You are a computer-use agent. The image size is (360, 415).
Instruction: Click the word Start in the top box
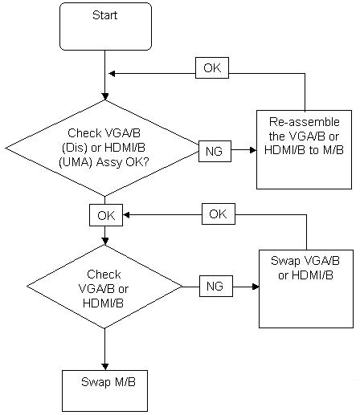[104, 15]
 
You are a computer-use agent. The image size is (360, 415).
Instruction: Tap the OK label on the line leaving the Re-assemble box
[212, 67]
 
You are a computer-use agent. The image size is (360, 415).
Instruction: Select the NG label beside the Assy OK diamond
[215, 151]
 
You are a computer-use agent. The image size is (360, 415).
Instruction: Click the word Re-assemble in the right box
[305, 122]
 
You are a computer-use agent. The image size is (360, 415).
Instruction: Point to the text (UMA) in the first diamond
[76, 162]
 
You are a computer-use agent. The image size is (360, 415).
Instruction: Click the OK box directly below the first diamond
[106, 215]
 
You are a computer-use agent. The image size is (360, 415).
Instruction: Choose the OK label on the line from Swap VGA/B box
[219, 214]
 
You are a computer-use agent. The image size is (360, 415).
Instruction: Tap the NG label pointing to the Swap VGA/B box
[216, 286]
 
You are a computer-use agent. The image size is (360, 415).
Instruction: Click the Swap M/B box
[104, 391]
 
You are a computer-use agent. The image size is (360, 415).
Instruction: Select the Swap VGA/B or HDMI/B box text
[305, 268]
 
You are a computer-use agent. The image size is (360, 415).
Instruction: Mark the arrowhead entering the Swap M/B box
[105, 367]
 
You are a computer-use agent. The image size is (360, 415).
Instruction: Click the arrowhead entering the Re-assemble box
[253, 150]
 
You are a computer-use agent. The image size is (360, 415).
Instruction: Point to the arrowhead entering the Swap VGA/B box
[256, 287]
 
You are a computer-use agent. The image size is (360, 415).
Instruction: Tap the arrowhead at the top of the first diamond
[105, 96]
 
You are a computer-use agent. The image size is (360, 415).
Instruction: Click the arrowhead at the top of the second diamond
[105, 241]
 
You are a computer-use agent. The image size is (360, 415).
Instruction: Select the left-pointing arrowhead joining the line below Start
[112, 74]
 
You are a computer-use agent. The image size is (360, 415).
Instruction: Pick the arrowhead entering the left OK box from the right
[126, 215]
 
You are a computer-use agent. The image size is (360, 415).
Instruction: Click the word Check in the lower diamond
[104, 275]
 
